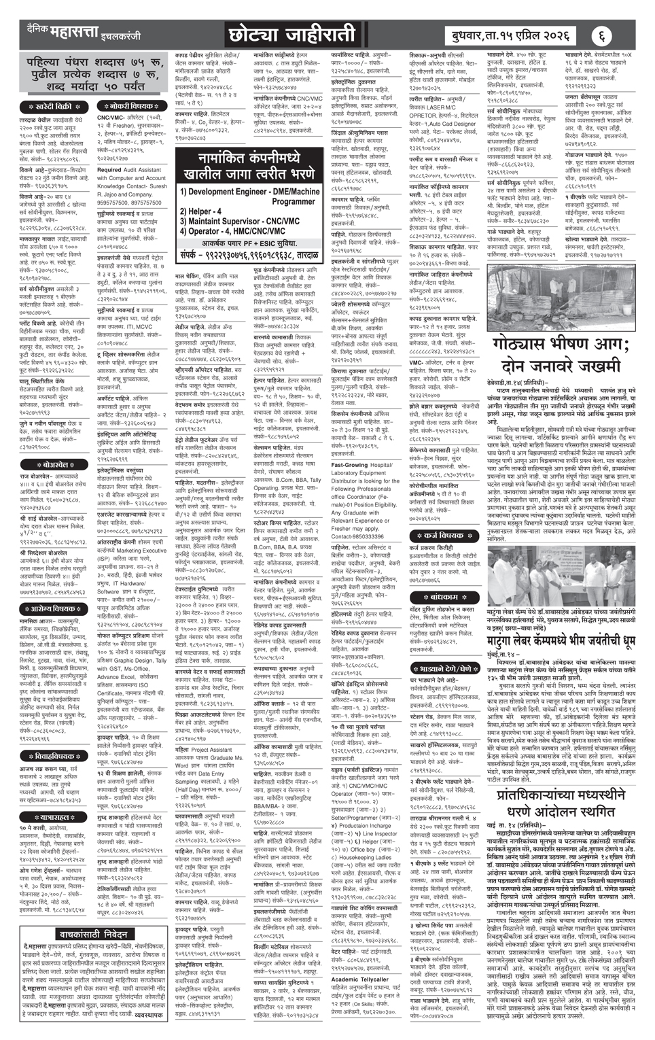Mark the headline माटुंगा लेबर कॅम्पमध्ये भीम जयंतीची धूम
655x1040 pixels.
(562, 639)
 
